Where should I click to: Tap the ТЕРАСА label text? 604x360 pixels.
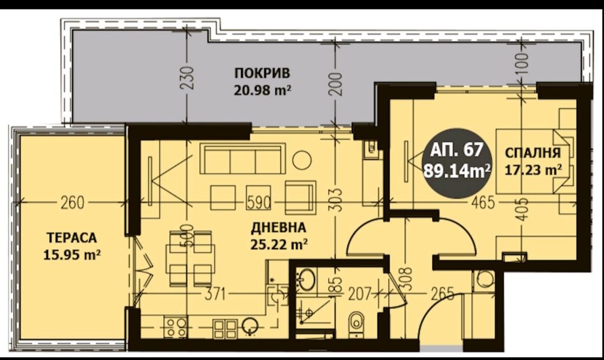tap(72, 237)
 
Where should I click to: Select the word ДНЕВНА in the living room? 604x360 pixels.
tap(278, 228)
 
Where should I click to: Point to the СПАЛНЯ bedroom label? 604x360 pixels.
tap(532, 153)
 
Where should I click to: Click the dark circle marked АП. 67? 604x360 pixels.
tap(457, 160)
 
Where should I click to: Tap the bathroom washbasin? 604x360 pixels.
tap(306, 278)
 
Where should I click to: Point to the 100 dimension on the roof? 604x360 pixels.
tap(522, 66)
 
